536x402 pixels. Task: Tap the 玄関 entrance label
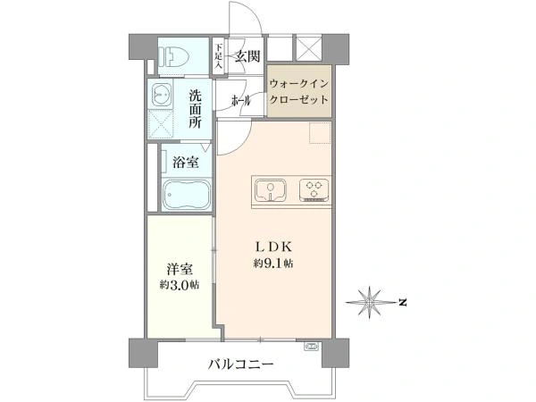point(247,55)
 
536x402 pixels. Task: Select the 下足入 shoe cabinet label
point(219,56)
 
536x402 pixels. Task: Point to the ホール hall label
point(241,101)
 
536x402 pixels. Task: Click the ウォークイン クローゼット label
point(299,92)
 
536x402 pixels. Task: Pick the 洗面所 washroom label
point(195,109)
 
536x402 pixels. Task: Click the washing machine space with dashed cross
point(161,123)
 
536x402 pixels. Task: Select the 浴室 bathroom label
point(185,162)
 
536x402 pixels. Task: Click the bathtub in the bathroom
point(187,195)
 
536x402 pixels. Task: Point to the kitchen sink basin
point(271,191)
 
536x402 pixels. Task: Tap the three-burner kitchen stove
point(314,191)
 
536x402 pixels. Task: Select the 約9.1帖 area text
point(273,264)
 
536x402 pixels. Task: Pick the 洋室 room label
point(180,269)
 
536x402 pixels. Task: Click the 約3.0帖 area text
point(180,285)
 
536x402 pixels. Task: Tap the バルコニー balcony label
point(241,364)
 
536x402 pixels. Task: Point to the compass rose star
point(370,303)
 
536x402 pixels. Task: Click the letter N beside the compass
point(404,303)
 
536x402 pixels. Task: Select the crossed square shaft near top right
point(309,48)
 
